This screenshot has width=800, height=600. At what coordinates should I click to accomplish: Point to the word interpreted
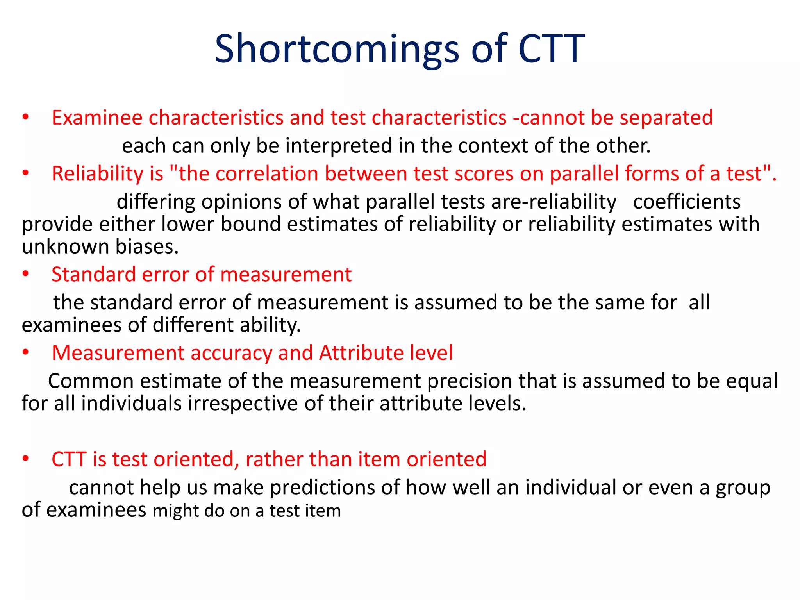point(338,146)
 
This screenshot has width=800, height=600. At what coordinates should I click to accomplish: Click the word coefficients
point(686,202)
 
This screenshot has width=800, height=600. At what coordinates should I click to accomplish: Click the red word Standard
point(93,275)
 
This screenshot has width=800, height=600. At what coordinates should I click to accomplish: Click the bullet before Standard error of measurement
point(26,275)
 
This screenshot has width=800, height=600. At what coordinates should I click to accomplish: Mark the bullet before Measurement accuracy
point(26,353)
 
